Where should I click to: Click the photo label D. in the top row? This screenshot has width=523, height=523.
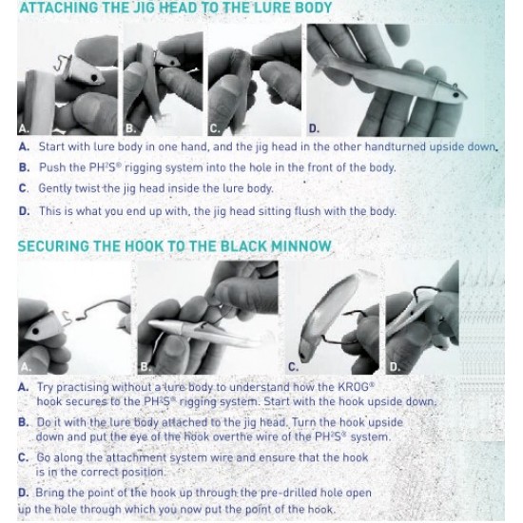tap(314, 128)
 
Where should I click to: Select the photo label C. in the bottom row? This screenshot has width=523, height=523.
tap(293, 367)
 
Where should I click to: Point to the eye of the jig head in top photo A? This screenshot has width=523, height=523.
tap(94, 78)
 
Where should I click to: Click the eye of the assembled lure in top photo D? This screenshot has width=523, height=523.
tap(455, 96)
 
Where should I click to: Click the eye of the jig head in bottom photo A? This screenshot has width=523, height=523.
tap(35, 331)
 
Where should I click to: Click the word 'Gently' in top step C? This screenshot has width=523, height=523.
tap(55, 188)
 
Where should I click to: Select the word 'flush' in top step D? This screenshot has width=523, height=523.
tap(307, 211)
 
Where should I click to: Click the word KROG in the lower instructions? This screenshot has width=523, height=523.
tap(355, 387)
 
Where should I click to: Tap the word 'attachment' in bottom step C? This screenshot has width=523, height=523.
tap(135, 457)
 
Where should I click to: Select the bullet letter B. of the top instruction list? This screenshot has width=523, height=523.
tap(24, 167)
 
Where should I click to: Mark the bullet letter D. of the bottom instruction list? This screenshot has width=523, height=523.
tap(24, 493)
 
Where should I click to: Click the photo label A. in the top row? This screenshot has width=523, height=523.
tap(24, 128)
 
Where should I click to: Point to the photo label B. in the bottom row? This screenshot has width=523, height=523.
tap(145, 367)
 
